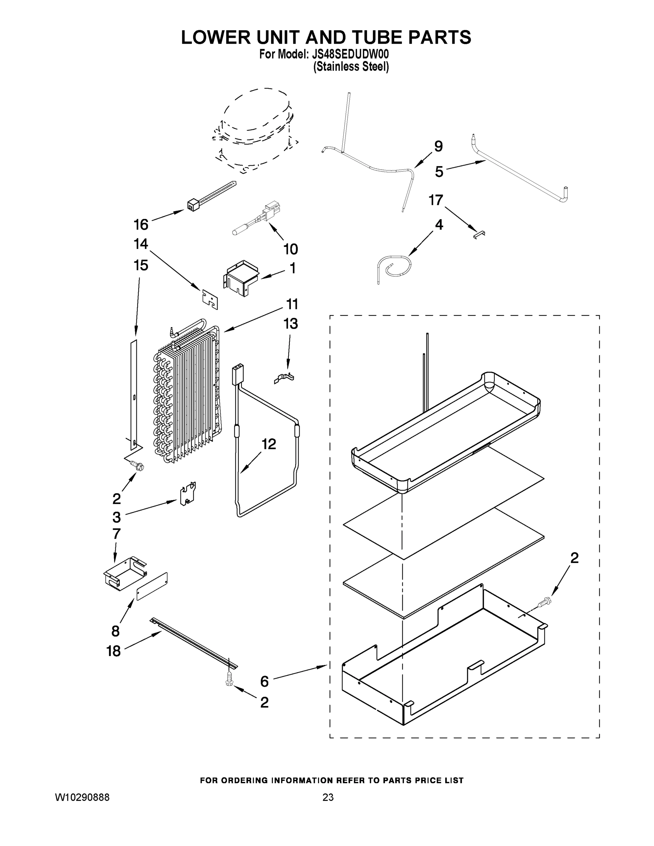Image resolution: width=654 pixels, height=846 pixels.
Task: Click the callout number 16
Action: point(141,224)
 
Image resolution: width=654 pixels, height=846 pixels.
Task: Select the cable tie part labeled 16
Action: point(211,196)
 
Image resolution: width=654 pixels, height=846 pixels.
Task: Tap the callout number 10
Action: point(291,249)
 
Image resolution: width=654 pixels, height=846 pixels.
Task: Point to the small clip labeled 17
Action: point(479,234)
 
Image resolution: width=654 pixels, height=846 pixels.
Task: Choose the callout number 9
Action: point(438,146)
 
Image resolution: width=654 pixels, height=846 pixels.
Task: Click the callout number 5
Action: point(439,172)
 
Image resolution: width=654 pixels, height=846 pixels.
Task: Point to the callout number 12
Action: point(269,444)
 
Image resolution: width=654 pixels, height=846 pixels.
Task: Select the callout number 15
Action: point(141,265)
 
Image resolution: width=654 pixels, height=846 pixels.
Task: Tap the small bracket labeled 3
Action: point(188,495)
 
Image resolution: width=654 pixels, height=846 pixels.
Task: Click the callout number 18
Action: point(114,651)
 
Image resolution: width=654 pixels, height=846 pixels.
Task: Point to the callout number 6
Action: point(264,681)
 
